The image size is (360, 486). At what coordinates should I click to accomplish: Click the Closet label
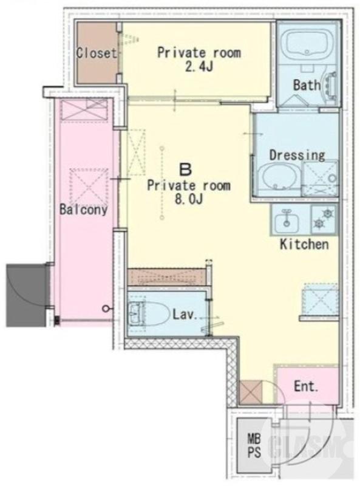[97, 53]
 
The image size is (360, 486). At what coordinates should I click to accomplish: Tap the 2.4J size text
[199, 67]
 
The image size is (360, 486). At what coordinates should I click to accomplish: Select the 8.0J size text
[189, 199]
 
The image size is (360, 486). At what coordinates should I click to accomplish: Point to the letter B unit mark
[186, 169]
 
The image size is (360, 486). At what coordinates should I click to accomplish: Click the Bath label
[307, 85]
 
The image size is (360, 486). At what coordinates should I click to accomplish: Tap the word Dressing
[297, 155]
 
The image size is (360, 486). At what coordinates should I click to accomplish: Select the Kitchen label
[304, 244]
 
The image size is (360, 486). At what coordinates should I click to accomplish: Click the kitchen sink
[287, 220]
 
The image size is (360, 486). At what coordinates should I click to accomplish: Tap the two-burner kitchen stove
[324, 219]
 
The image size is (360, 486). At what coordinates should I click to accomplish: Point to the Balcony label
[83, 210]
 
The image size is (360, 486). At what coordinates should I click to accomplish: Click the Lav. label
[185, 315]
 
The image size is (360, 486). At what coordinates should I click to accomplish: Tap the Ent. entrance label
[306, 386]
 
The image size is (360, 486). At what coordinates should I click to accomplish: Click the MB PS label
[254, 446]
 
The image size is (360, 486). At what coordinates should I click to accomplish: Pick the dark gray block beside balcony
[26, 295]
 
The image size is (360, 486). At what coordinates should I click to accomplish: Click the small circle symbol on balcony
[106, 309]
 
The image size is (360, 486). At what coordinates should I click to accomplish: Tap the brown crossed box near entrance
[251, 392]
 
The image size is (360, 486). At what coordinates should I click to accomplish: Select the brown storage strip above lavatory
[167, 276]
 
